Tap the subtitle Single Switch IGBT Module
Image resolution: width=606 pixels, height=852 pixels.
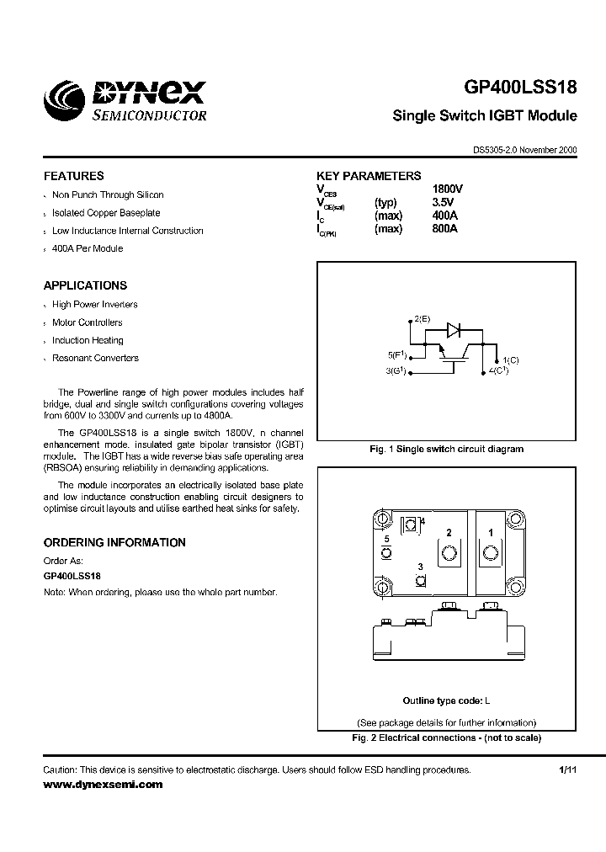[x=484, y=115]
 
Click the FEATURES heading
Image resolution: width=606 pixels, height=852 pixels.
[x=74, y=176]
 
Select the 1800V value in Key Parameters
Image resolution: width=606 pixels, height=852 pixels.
[x=447, y=189]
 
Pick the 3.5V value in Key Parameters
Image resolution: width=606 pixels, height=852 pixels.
[x=443, y=203]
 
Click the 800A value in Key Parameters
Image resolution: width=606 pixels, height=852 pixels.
[x=444, y=228]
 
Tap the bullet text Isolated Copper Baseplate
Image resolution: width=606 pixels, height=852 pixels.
[x=106, y=213]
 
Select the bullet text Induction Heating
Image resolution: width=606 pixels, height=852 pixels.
[x=88, y=340]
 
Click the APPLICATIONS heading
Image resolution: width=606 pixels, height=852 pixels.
[x=85, y=285]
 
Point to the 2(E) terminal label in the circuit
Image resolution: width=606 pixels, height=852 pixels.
[x=422, y=319]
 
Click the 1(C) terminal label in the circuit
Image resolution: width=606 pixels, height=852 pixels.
[x=511, y=359]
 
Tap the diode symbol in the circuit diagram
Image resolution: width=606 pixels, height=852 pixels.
[x=453, y=329]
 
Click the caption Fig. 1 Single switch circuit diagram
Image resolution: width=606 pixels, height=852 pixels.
[x=446, y=449]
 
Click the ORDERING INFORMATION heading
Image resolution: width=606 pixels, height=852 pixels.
[x=114, y=543]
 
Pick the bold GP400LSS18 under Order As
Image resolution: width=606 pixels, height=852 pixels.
[x=72, y=576]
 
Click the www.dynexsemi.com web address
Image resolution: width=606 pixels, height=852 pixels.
[x=103, y=784]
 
